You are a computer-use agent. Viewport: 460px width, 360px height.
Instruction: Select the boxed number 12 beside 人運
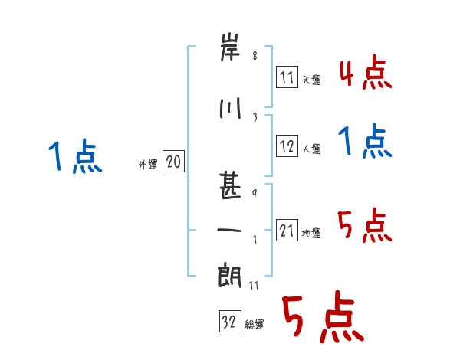[x=287, y=146]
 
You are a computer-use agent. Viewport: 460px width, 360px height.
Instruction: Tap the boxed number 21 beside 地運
[x=287, y=231]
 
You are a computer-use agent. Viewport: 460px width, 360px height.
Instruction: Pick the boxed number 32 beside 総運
[x=228, y=322]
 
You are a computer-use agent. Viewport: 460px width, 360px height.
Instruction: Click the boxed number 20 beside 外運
[x=173, y=162]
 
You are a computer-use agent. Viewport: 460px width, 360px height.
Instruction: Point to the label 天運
[x=311, y=80]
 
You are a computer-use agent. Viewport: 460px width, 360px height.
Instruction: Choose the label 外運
[x=147, y=164]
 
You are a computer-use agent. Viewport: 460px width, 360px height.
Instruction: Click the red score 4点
[x=366, y=72]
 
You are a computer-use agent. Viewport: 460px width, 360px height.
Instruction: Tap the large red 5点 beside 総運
[x=323, y=319]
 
